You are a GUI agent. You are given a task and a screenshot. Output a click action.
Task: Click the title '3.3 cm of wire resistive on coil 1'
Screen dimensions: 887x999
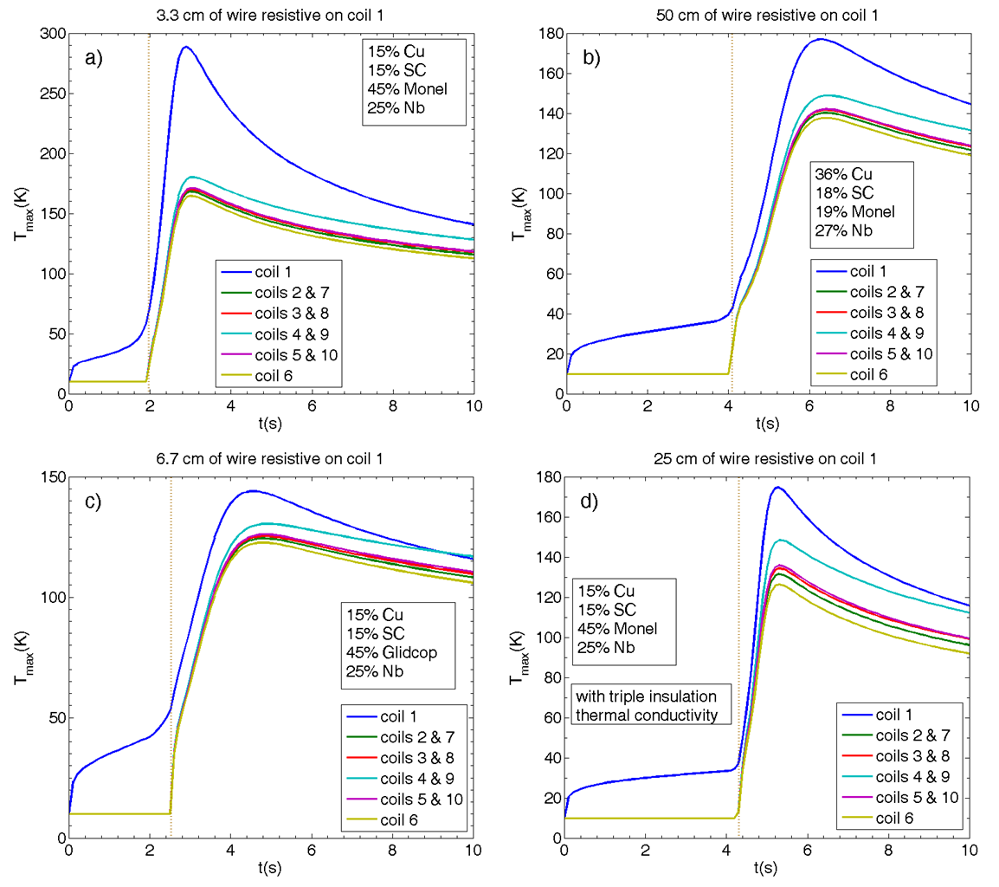point(271,15)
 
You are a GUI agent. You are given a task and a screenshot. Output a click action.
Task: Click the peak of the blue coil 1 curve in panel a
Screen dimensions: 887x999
point(185,47)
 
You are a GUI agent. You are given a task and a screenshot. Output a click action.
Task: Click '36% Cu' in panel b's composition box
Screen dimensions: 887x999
point(841,173)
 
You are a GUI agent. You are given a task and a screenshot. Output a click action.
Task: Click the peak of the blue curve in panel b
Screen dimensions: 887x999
point(818,39)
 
